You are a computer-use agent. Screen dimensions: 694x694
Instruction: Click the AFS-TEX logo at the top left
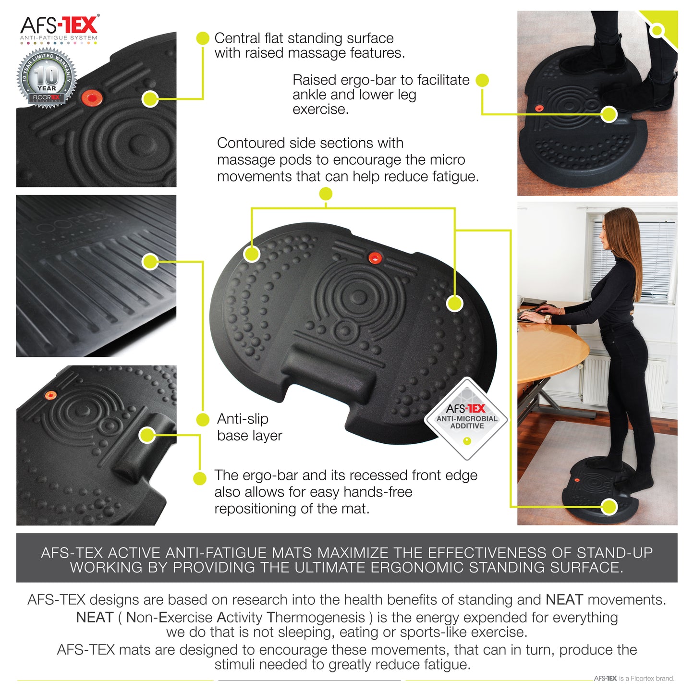59,27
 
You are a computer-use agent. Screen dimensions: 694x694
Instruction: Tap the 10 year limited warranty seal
47,78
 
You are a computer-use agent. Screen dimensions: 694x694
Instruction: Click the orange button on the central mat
375,258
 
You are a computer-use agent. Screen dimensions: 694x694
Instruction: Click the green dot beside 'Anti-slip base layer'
203,419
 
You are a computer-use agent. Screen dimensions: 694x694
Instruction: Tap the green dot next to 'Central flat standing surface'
203,38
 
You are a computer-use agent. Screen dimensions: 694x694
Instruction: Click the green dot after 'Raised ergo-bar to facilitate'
482,80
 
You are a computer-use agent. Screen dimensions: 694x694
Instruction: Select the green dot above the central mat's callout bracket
326,194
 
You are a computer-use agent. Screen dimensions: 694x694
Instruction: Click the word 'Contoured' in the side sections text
247,143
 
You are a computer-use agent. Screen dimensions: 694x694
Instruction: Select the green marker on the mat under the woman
609,506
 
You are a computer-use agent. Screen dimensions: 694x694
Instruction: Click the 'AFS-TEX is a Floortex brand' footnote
634,679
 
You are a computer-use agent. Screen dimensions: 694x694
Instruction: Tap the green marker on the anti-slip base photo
150,262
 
